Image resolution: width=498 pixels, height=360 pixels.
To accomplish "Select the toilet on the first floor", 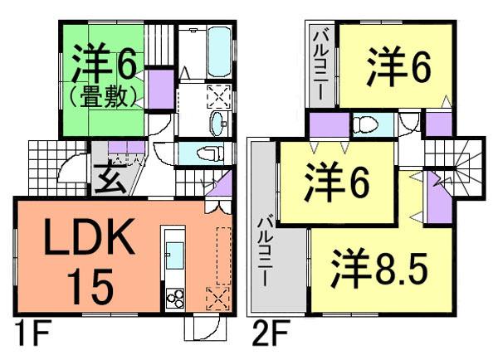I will click(211, 153).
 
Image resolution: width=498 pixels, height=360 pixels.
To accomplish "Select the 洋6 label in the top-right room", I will click(398, 68).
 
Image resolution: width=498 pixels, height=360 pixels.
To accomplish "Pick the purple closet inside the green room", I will click(160, 86).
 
